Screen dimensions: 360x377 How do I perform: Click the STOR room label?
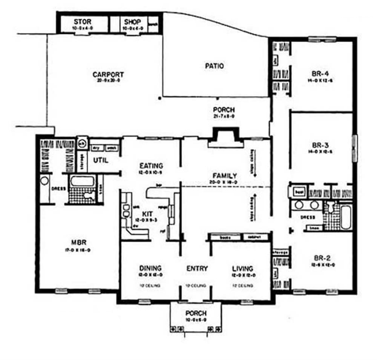tap(83, 22)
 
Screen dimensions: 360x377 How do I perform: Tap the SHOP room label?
tap(132, 22)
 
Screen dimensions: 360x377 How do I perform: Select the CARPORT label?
tap(108, 75)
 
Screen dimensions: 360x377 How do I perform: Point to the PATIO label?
tap(214, 66)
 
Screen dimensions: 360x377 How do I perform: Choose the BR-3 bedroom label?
tap(320, 145)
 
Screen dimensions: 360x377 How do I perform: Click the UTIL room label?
tap(101, 160)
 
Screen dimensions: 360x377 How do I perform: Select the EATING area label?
tap(151, 165)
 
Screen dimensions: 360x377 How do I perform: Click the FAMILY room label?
tap(224, 175)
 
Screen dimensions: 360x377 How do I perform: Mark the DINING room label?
tap(150, 268)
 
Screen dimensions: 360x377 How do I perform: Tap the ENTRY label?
tap(197, 268)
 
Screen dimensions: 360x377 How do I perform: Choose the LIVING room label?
tap(242, 268)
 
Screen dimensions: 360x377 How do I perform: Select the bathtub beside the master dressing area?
tap(82, 181)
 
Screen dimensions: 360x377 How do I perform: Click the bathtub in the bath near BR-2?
tap(346, 217)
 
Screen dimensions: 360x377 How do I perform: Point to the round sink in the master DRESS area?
tap(45, 181)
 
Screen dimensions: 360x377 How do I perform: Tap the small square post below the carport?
tap(159, 98)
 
